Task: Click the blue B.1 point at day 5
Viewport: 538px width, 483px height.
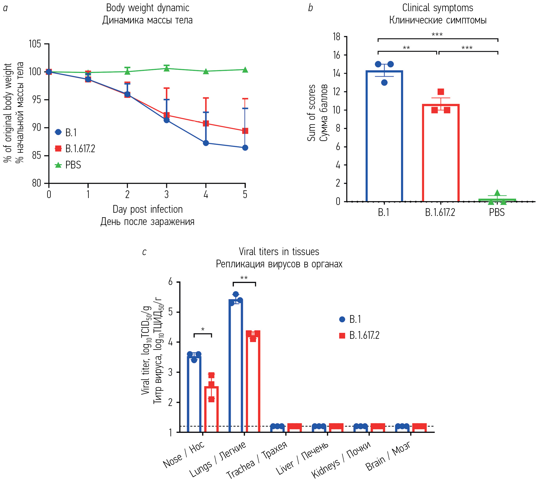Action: point(245,148)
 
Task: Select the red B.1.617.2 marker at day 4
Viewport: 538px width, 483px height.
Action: point(206,123)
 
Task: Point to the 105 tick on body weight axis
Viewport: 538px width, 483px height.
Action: point(35,44)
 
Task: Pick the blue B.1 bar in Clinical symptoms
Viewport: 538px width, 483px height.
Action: point(384,136)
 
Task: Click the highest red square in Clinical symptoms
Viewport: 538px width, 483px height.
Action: point(441,92)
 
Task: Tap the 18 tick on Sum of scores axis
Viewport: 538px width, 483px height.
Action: point(337,37)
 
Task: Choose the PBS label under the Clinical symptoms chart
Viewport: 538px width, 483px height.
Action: point(497,212)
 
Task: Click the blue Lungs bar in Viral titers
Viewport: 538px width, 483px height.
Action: point(236,365)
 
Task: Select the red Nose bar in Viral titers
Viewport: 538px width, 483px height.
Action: point(211,409)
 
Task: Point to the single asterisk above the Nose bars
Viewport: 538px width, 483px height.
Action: point(203,329)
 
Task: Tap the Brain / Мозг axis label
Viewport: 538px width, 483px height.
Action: point(388,456)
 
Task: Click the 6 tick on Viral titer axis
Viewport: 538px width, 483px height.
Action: point(171,282)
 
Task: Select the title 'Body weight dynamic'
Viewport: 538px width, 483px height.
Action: point(148,8)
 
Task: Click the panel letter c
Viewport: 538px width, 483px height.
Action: point(144,252)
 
